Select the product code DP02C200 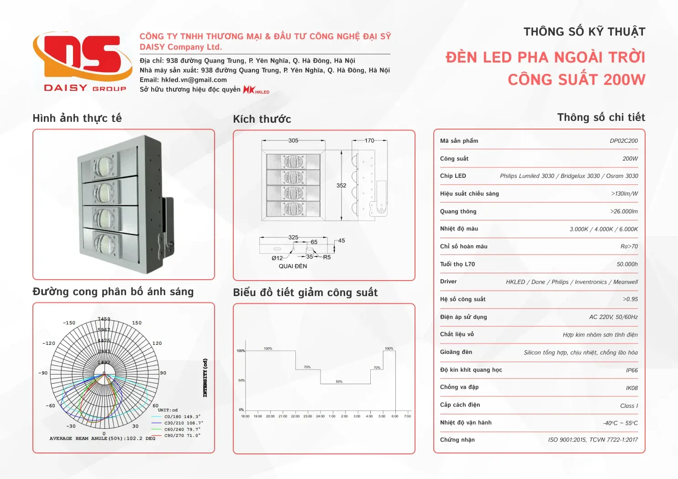click(x=624, y=141)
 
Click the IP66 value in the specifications click(x=632, y=370)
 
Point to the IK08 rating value click(x=632, y=388)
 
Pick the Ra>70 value click(x=629, y=246)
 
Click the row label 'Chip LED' click(x=453, y=176)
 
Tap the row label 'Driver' click(x=448, y=281)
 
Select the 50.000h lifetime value click(x=627, y=264)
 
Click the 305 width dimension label click(x=293, y=141)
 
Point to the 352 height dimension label click(x=342, y=186)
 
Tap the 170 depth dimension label click(x=369, y=141)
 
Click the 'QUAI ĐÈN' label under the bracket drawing click(x=293, y=266)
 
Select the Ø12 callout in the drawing click(x=277, y=258)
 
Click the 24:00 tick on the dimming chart click(x=320, y=416)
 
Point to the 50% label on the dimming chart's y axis click(x=242, y=380)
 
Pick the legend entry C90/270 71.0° click(x=182, y=436)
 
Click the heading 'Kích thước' click(x=262, y=119)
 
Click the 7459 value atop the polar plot click(x=104, y=319)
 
